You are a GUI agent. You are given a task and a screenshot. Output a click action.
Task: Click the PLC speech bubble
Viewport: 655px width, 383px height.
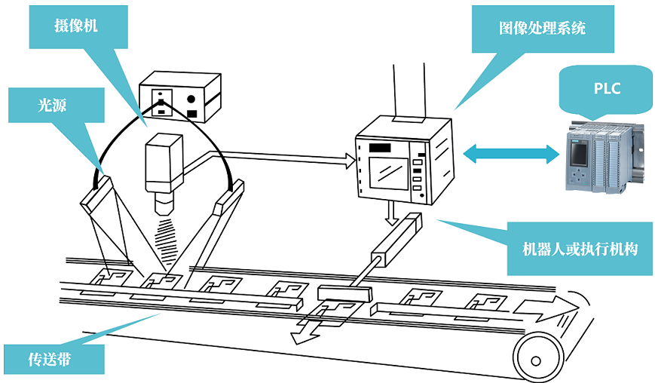pyautogui.click(x=605, y=88)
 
